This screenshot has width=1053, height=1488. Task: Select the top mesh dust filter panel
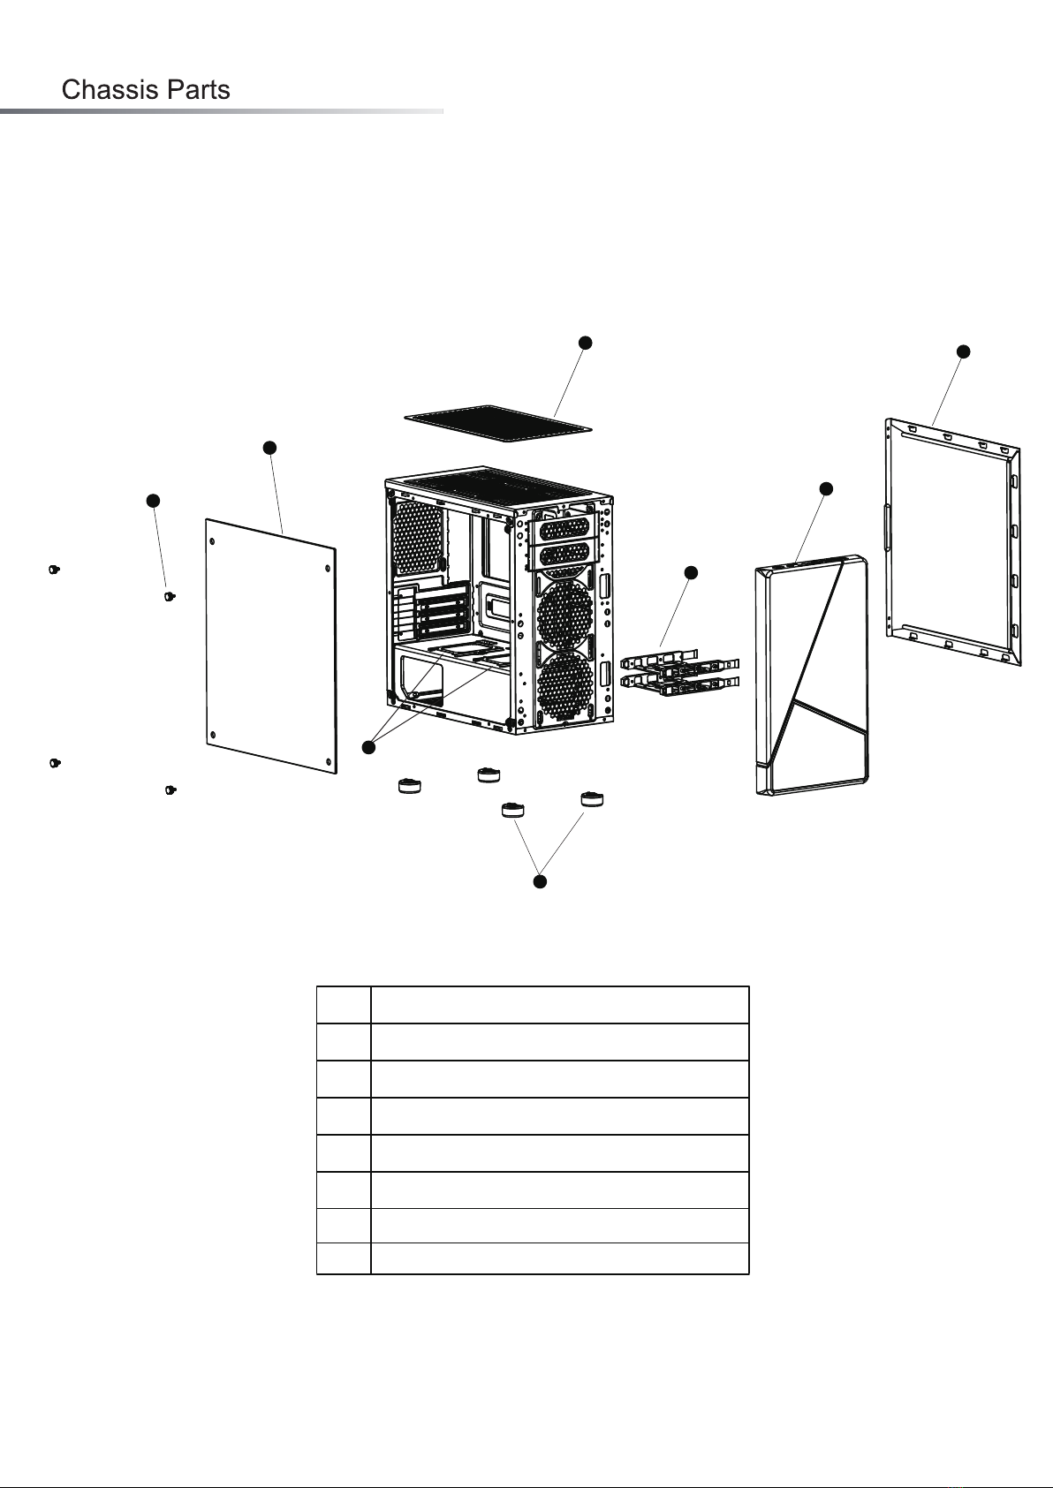click(x=496, y=423)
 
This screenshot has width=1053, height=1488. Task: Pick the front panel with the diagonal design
click(x=812, y=676)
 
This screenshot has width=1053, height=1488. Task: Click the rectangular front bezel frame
click(x=953, y=541)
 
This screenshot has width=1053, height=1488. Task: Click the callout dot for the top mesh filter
click(x=583, y=342)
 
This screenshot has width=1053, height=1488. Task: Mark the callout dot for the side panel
click(x=269, y=448)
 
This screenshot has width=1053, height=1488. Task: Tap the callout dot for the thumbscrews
click(x=153, y=501)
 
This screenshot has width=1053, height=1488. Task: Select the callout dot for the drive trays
click(x=691, y=573)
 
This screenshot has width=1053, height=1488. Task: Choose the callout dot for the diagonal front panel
click(x=826, y=488)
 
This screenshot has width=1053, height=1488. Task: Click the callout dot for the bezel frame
click(x=963, y=351)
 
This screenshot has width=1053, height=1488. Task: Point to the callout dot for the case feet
click(x=541, y=881)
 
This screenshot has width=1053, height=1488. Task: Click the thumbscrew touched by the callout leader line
click(x=170, y=597)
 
